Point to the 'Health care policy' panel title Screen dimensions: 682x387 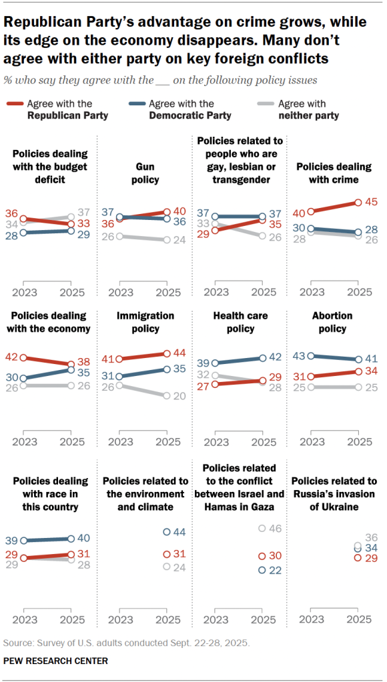pyautogui.click(x=243, y=322)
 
